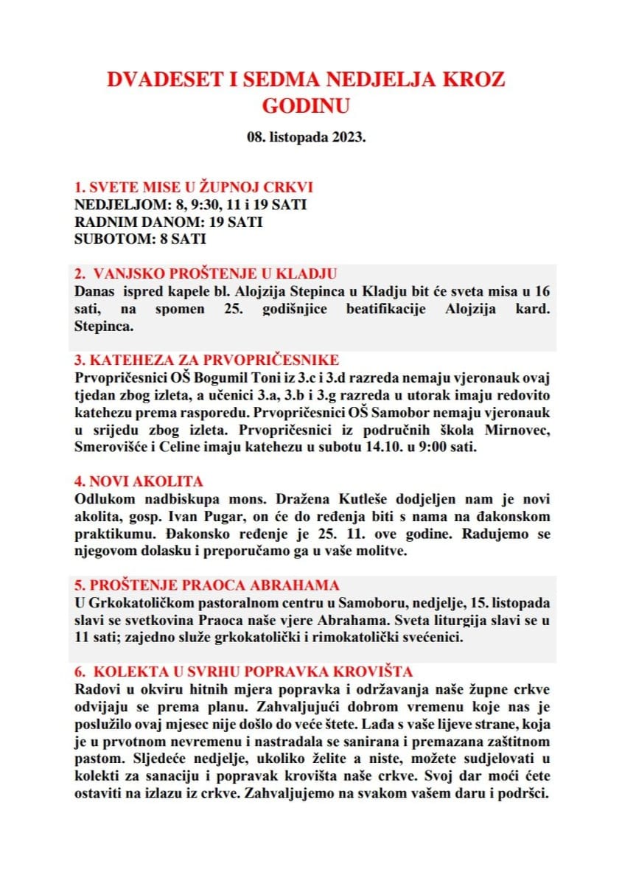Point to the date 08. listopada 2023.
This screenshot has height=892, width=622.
tap(307, 137)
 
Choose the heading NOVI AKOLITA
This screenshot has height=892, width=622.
tap(139, 481)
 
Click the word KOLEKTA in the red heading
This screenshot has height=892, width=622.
tap(129, 672)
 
